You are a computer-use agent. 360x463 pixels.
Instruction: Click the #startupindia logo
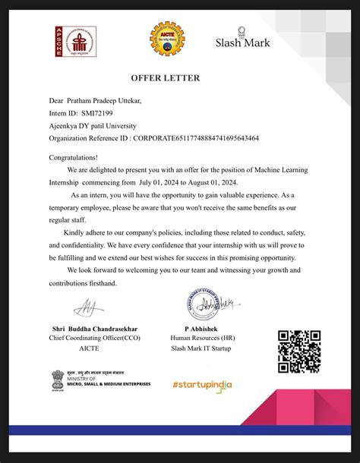click(201, 384)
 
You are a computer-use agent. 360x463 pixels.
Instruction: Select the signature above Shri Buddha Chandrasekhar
click(83, 307)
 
